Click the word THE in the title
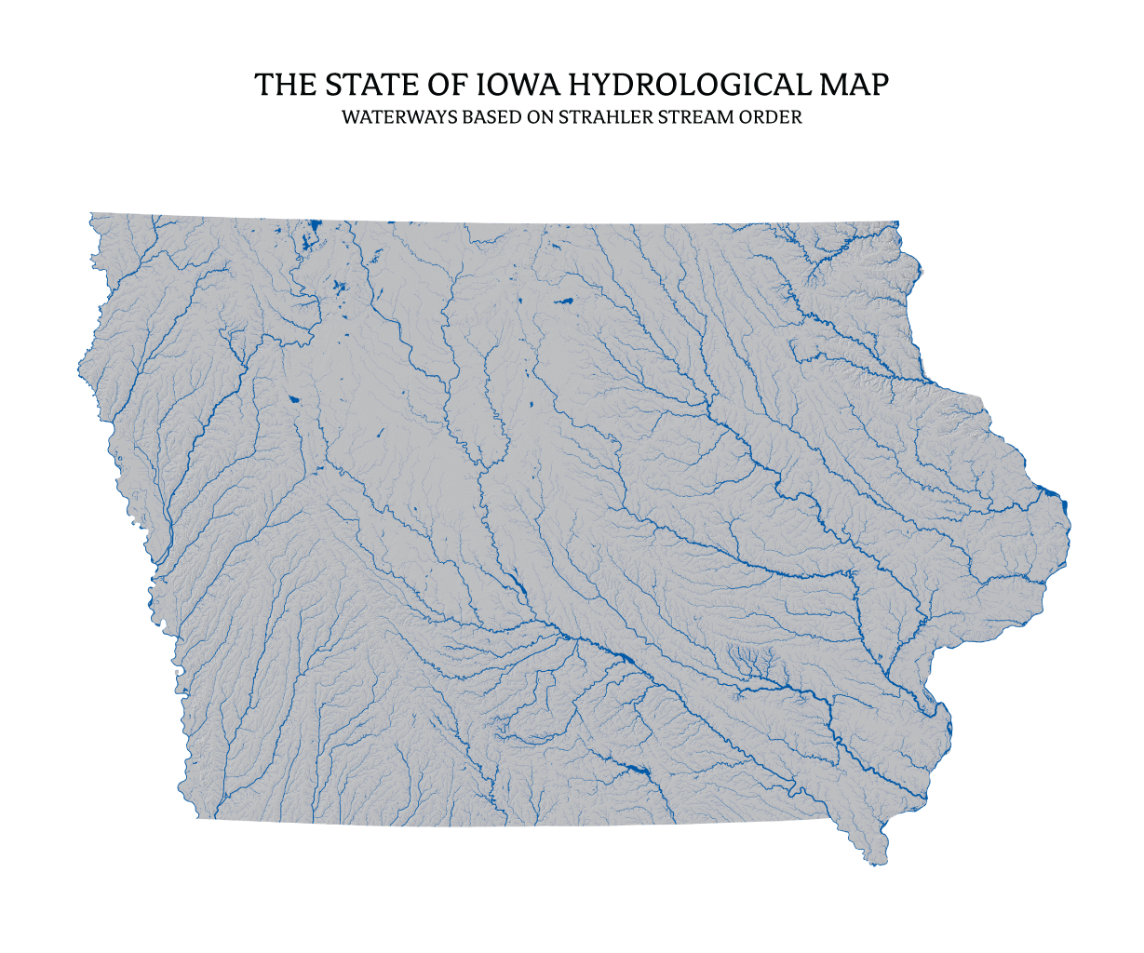pos(284,85)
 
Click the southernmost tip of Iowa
pos(875,865)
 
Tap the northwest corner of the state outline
pos(90,214)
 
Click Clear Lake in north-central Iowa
pos(564,302)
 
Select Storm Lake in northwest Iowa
pos(294,400)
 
